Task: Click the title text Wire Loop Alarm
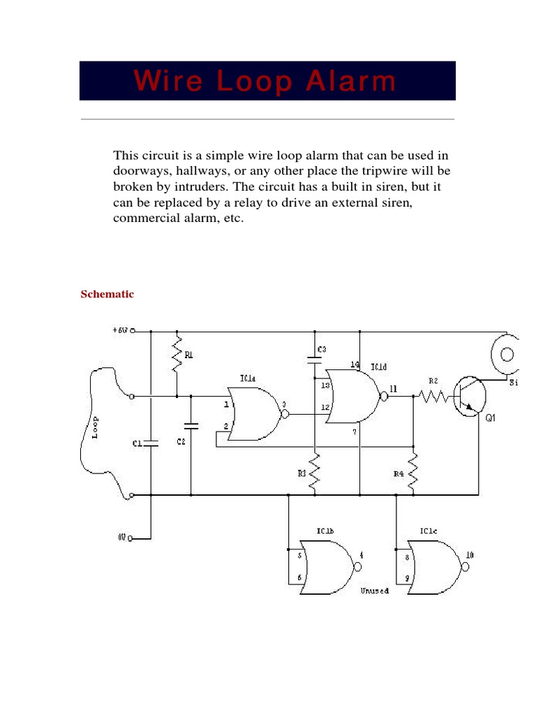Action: coord(266,82)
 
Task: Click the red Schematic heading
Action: coord(107,295)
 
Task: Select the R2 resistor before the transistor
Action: coord(433,397)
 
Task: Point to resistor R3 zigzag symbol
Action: coord(315,471)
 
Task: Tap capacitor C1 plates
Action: coord(150,443)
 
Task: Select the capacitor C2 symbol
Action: coord(191,425)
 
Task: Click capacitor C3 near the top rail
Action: coord(315,360)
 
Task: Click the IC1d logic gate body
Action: coord(353,397)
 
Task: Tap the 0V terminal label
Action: coord(121,538)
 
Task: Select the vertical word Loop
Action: coord(96,427)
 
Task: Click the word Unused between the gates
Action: coord(374,591)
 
